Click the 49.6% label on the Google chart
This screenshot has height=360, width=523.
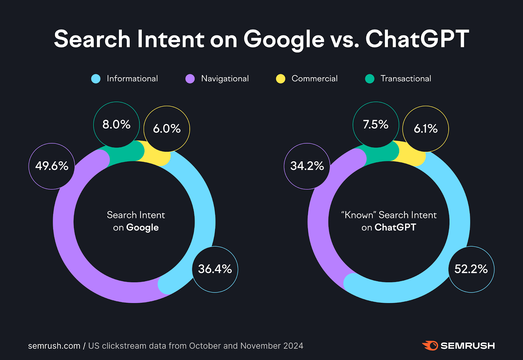coord(52,166)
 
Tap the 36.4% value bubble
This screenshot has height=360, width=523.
coord(215,269)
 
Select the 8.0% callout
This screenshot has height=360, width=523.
coord(116,125)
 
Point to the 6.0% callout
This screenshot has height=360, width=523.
coord(167,129)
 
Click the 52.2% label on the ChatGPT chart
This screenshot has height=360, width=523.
coord(471,269)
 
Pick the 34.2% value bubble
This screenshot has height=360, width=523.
coord(307,166)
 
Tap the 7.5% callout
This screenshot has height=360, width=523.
coord(376,125)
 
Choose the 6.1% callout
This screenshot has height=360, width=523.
coord(426,129)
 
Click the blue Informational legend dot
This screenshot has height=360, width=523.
coord(96,79)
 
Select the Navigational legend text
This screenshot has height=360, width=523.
coord(225,79)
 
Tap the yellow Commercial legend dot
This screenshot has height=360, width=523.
coord(280,79)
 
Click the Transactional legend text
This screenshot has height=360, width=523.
coord(406,79)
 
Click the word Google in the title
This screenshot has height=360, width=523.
coord(284,39)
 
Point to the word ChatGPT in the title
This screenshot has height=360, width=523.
coord(417,39)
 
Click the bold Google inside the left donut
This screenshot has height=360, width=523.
coord(143,228)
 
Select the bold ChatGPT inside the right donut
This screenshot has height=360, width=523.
coord(395,227)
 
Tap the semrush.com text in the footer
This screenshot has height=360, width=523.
coord(54,346)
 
